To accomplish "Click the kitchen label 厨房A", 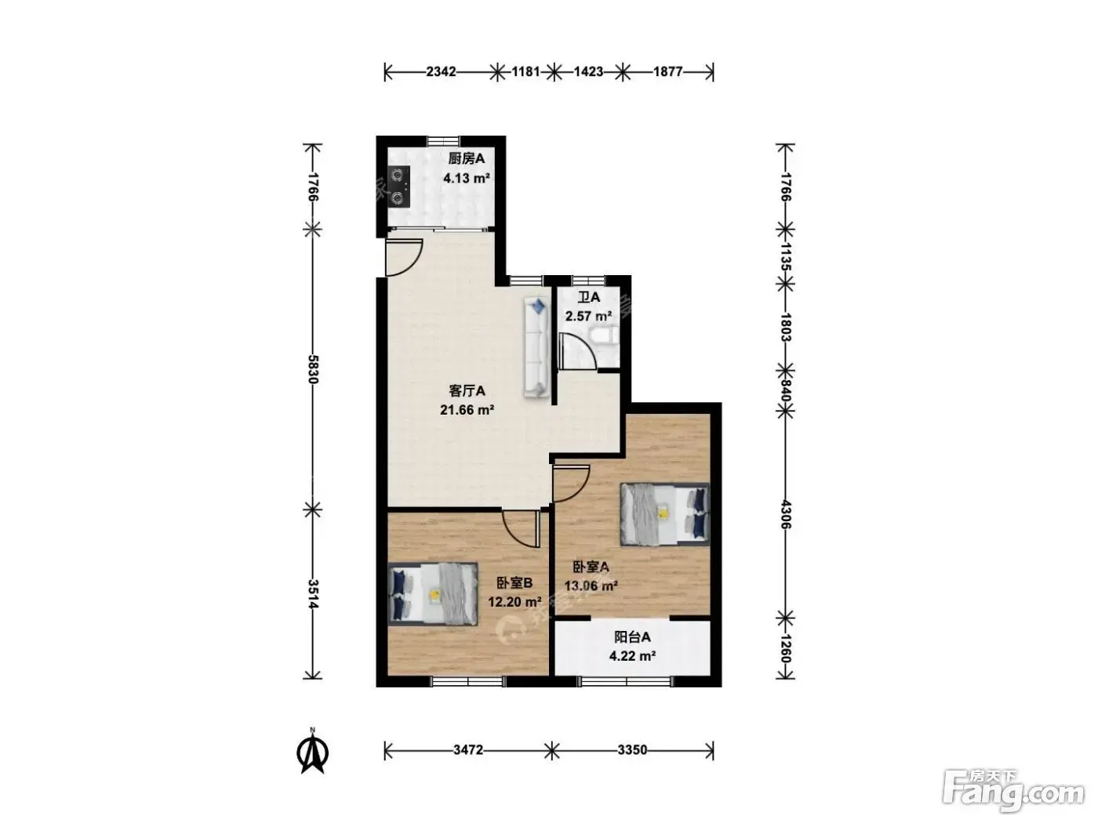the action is click(466, 159).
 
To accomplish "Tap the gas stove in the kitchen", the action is click(399, 187).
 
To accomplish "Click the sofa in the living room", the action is click(536, 348).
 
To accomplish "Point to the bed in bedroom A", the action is click(665, 514).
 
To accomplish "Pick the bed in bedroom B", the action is click(433, 593).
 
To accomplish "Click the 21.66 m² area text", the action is click(467, 410).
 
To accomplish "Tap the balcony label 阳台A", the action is click(632, 637).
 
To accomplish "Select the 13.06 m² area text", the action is click(591, 586).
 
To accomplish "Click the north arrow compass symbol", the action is click(313, 752).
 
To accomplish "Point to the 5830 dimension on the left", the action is click(313, 369).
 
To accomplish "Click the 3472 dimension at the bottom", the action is click(468, 749).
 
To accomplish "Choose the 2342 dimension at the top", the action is click(441, 72).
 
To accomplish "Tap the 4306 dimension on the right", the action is click(785, 515).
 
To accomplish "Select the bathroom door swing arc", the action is click(578, 352).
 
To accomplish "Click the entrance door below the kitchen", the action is click(404, 257).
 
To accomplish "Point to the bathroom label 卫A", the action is click(589, 297).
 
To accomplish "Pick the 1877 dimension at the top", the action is click(667, 72).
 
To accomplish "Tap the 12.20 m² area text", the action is click(514, 602).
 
